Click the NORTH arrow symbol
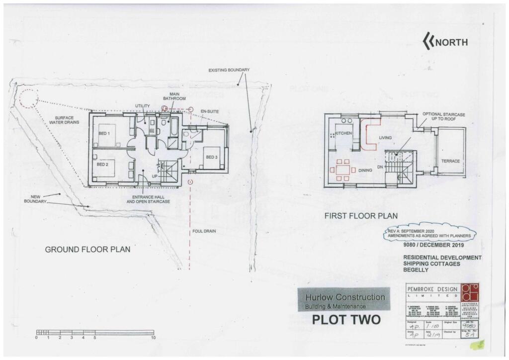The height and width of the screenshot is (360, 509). tap(428, 42)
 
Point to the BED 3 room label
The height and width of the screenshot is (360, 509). tap(212, 157)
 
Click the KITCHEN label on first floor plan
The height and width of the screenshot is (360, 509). tap(343, 134)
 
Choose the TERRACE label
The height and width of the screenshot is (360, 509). tap(450, 161)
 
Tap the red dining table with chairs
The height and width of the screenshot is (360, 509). tap(342, 169)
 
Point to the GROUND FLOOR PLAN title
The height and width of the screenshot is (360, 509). tap(87, 249)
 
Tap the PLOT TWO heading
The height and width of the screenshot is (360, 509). tap(346, 319)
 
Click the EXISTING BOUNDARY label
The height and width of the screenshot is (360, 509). tap(229, 70)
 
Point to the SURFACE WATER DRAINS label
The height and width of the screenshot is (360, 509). tap(64, 120)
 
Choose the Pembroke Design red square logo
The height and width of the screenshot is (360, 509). tap(470, 292)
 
